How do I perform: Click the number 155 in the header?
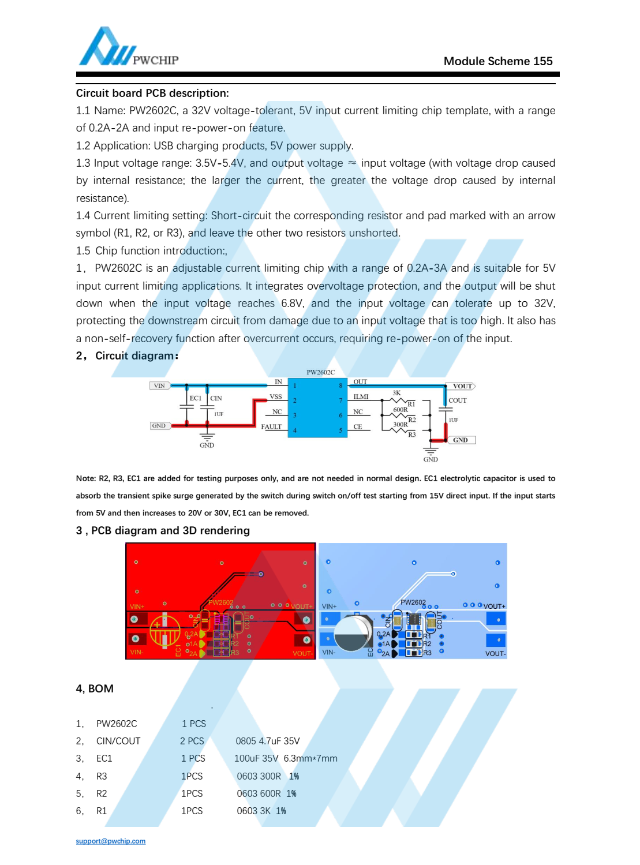pyautogui.click(x=542, y=61)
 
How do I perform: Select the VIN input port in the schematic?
pyautogui.click(x=159, y=385)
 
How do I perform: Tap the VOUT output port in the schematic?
pyautogui.click(x=462, y=386)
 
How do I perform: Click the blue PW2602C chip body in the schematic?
pyautogui.click(x=317, y=407)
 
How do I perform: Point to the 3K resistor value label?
pyautogui.click(x=396, y=393)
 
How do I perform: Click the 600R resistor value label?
pyautogui.click(x=400, y=410)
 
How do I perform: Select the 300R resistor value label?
pyautogui.click(x=400, y=424)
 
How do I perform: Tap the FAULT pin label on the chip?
pyautogui.click(x=271, y=427)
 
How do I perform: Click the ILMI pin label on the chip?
pyautogui.click(x=361, y=396)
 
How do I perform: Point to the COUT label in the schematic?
pyautogui.click(x=458, y=400)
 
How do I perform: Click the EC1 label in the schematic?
pyautogui.click(x=195, y=398)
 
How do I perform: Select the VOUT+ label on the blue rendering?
pyautogui.click(x=494, y=606)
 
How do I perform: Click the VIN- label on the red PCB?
pyautogui.click(x=136, y=652)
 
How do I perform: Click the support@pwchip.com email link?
pyautogui.click(x=111, y=841)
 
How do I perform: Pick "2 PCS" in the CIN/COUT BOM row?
pyautogui.click(x=192, y=741)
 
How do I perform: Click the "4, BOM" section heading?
pyautogui.click(x=95, y=688)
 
